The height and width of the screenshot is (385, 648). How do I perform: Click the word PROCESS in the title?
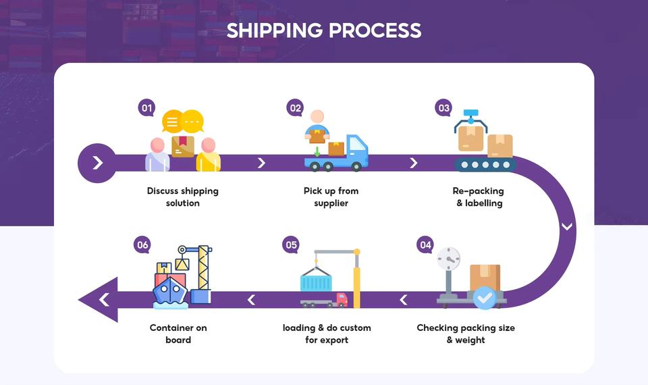point(375,30)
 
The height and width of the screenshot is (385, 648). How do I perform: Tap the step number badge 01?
point(146,108)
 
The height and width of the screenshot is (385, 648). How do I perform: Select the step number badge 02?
point(295,108)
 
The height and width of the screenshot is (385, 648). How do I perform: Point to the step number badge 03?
point(443,108)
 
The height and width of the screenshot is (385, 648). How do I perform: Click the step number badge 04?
point(425,245)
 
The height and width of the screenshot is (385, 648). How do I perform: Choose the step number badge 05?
point(291,245)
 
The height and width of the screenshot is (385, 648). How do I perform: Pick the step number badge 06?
point(142,245)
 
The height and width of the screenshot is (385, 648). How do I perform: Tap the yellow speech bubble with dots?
point(193,121)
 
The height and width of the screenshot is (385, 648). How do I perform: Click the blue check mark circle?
point(484,297)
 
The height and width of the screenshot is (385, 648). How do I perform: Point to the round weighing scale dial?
point(448,258)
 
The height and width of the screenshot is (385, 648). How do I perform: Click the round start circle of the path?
point(97,163)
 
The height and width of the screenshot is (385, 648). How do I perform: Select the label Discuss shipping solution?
point(183,197)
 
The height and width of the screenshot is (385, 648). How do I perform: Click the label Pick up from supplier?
point(331,197)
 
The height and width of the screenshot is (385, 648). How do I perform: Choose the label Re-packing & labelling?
point(479,197)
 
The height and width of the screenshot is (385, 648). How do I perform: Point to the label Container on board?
point(178,334)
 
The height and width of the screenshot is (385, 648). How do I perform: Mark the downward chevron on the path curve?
point(566,227)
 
